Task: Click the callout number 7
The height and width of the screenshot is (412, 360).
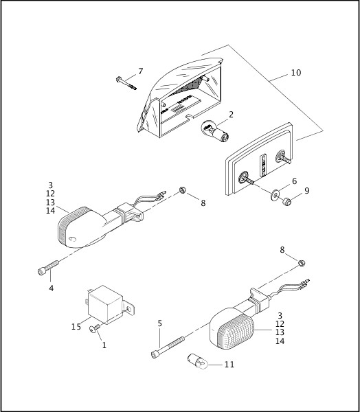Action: tap(141, 71)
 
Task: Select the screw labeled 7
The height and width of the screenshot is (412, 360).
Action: tap(128, 83)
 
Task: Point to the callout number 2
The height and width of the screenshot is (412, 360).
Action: tap(231, 115)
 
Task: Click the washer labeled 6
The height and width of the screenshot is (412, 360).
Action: tap(274, 193)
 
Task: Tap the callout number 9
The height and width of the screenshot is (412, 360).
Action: tap(306, 190)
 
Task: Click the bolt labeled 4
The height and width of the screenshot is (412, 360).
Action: tap(45, 270)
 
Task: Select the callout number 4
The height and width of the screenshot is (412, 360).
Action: tap(52, 288)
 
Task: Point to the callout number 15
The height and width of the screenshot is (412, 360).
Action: tap(76, 327)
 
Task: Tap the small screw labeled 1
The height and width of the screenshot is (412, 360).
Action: tap(94, 330)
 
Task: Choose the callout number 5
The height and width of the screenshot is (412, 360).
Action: tap(160, 323)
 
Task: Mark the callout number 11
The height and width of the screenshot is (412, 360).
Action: tap(229, 364)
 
